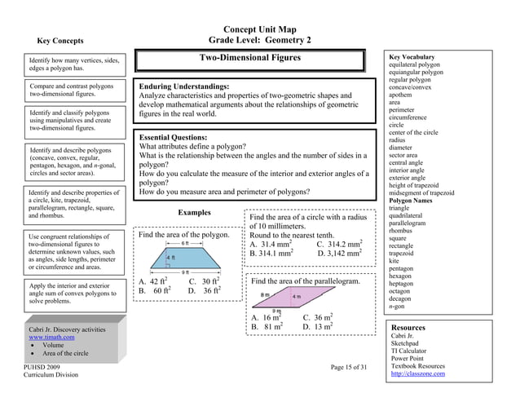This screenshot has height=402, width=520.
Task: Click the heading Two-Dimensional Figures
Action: (x=250, y=58)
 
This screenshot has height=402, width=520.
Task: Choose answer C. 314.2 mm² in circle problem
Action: (x=339, y=243)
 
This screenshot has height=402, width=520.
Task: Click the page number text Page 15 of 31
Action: (x=354, y=368)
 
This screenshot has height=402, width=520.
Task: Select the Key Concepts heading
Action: (x=59, y=39)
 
